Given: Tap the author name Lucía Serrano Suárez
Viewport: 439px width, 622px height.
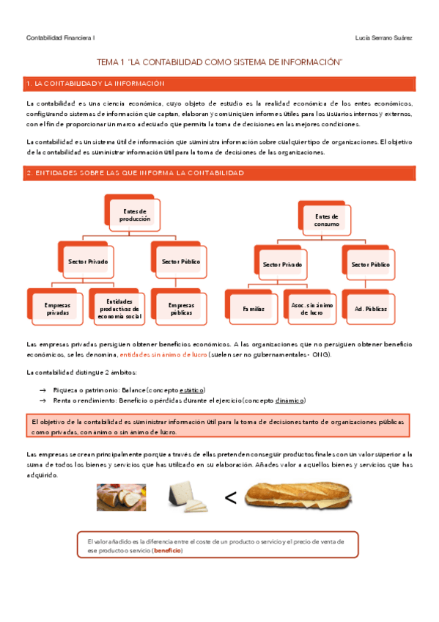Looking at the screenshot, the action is (383, 37).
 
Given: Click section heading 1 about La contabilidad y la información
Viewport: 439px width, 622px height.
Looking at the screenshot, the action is (95, 84).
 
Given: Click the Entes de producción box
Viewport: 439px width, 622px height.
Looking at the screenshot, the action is (130, 214).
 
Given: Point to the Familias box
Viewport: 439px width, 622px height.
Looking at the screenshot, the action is (253, 309).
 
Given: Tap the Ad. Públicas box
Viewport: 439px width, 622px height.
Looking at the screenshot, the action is (369, 309).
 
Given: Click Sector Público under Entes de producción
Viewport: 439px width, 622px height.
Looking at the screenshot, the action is (181, 261).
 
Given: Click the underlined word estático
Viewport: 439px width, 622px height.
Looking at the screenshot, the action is (192, 389).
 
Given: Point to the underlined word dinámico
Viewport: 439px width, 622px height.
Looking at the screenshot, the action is (289, 400).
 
